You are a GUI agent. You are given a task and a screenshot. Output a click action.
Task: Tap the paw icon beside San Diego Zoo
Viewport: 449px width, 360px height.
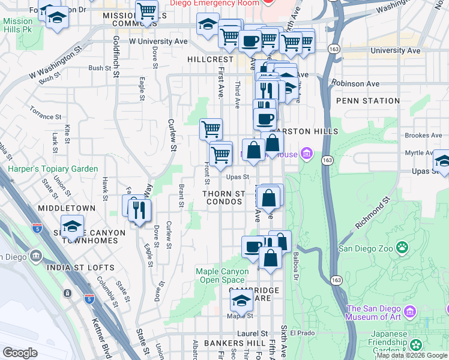coord(402,247)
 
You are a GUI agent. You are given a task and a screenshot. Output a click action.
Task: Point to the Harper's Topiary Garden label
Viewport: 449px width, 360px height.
coord(53,169)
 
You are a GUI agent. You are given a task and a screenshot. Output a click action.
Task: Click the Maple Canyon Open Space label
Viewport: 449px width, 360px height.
coord(222,275)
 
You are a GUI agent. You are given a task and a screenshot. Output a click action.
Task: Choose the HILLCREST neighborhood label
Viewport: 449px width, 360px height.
coord(210,60)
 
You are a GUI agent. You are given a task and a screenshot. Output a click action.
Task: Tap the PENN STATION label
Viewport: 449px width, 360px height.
coord(368,101)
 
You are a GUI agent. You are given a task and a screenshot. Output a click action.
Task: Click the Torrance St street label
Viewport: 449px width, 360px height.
coord(45,113)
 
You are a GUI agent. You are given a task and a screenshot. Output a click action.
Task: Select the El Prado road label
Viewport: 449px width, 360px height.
coord(302,332)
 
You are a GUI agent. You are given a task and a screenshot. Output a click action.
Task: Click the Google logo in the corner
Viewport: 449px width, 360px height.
coord(20,353)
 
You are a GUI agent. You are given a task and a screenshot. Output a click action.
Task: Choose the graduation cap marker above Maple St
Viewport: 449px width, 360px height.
coord(242,300)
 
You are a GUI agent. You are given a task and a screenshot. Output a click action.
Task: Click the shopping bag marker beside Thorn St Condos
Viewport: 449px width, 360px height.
coord(270,198)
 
